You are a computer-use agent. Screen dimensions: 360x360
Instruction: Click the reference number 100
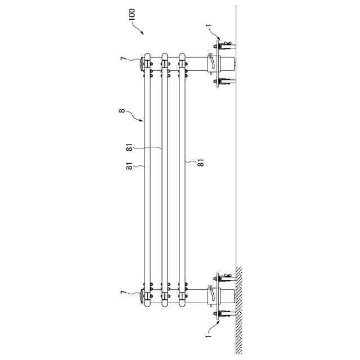132,15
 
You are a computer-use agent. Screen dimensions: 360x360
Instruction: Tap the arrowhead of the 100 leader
142,33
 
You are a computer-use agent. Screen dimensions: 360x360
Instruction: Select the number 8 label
121,111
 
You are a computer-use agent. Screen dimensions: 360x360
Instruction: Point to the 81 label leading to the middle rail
129,147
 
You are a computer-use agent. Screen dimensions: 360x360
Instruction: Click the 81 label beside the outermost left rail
129,166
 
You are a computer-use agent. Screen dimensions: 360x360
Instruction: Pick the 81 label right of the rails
201,163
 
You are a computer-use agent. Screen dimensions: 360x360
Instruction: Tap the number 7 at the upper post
123,58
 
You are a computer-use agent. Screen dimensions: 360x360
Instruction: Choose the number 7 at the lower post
123,292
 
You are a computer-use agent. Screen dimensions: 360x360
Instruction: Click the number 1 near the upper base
209,26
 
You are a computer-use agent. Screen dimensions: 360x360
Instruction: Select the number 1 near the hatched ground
209,336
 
